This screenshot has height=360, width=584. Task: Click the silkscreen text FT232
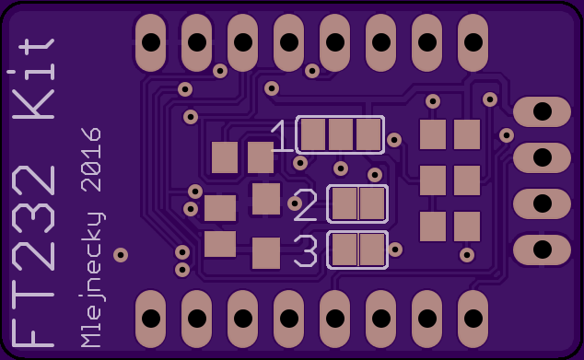pos(33,257)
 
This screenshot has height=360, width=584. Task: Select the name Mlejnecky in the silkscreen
pos(92,280)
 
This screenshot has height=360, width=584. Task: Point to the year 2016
pos(91,159)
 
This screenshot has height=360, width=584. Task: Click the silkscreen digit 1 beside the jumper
pos(282,136)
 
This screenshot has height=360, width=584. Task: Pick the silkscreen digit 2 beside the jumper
pos(306,205)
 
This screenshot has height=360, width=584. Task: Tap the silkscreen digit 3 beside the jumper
pos(306,251)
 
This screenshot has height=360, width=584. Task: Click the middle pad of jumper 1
pos(341,134)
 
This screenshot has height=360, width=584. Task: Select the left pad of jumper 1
pos(313,134)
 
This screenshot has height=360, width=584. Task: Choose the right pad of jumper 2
pos(372,203)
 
